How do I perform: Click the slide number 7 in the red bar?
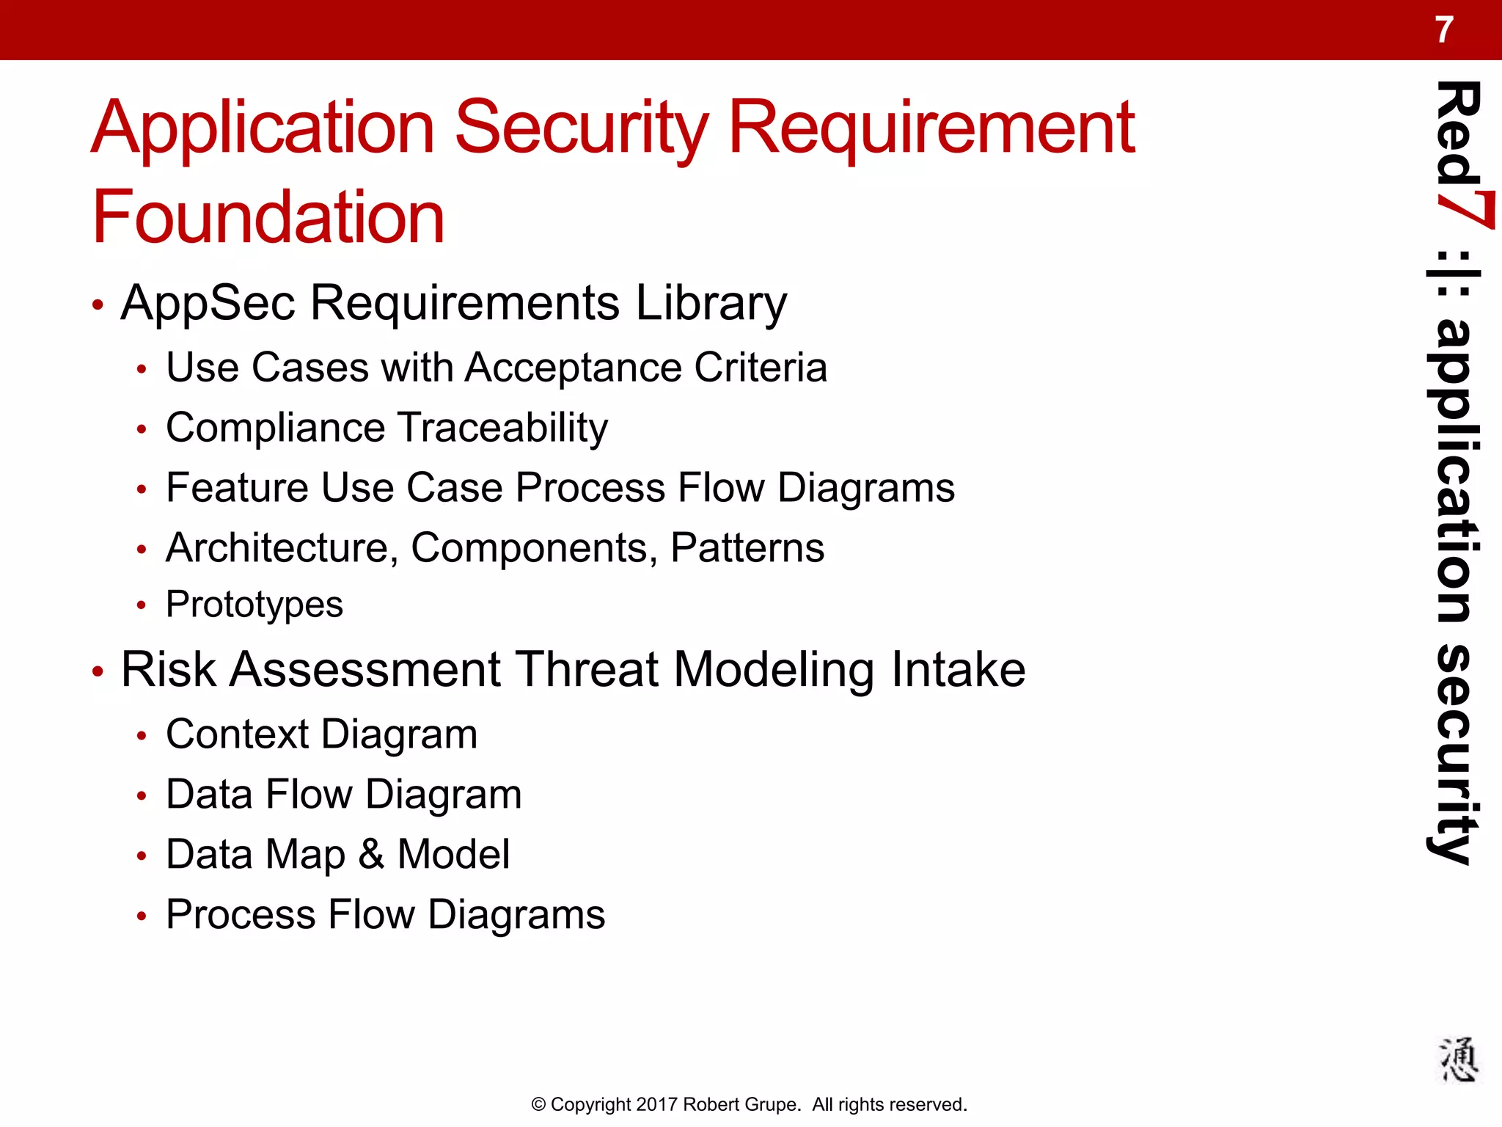click(x=1443, y=31)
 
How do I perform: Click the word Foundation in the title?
click(x=268, y=217)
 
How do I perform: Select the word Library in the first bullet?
click(x=711, y=303)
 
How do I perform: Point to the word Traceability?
click(x=503, y=428)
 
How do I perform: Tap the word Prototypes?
click(x=254, y=605)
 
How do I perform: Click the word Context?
click(x=238, y=734)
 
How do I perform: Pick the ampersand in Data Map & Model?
click(x=371, y=855)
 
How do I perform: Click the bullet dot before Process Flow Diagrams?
click(x=142, y=916)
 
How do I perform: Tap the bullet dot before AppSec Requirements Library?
click(x=98, y=304)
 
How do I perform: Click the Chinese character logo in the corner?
click(x=1457, y=1059)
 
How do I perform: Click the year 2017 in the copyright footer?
click(x=656, y=1104)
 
